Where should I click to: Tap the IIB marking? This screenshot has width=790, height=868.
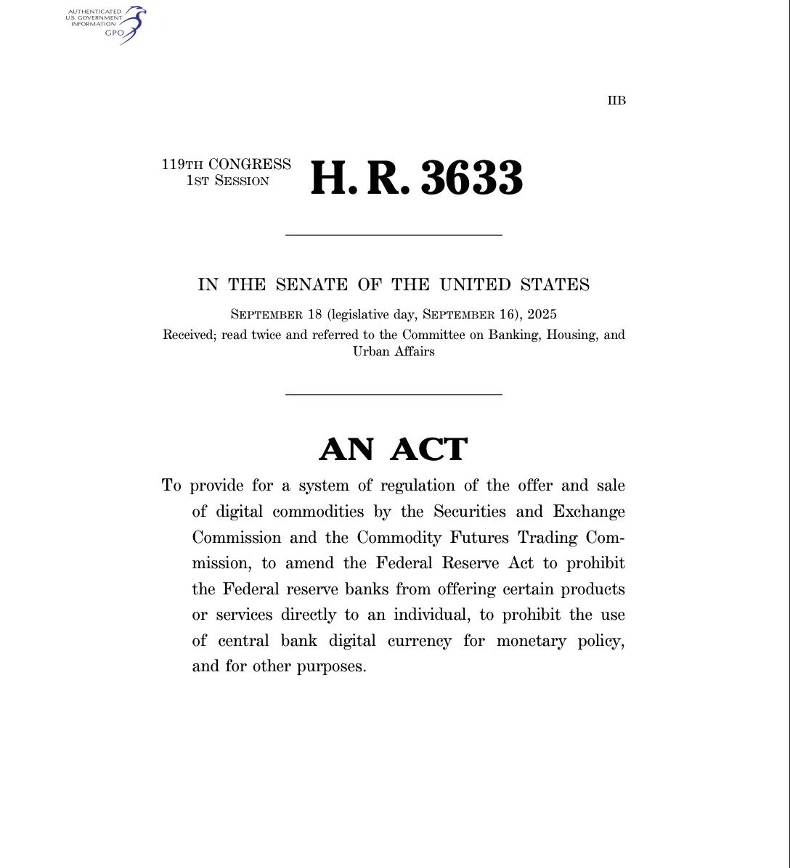[616, 101]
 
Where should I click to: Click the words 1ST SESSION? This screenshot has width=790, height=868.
[227, 181]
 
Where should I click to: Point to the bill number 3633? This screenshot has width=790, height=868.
[472, 179]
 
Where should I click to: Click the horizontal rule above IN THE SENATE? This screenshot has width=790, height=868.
[394, 235]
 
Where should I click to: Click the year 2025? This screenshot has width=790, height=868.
[542, 314]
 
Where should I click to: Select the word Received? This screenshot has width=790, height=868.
[189, 335]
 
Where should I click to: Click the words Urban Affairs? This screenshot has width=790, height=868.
[394, 352]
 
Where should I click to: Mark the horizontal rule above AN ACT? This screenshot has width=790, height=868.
[394, 394]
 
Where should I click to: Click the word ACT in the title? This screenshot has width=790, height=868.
[428, 450]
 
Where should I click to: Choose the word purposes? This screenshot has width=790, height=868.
[330, 667]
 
